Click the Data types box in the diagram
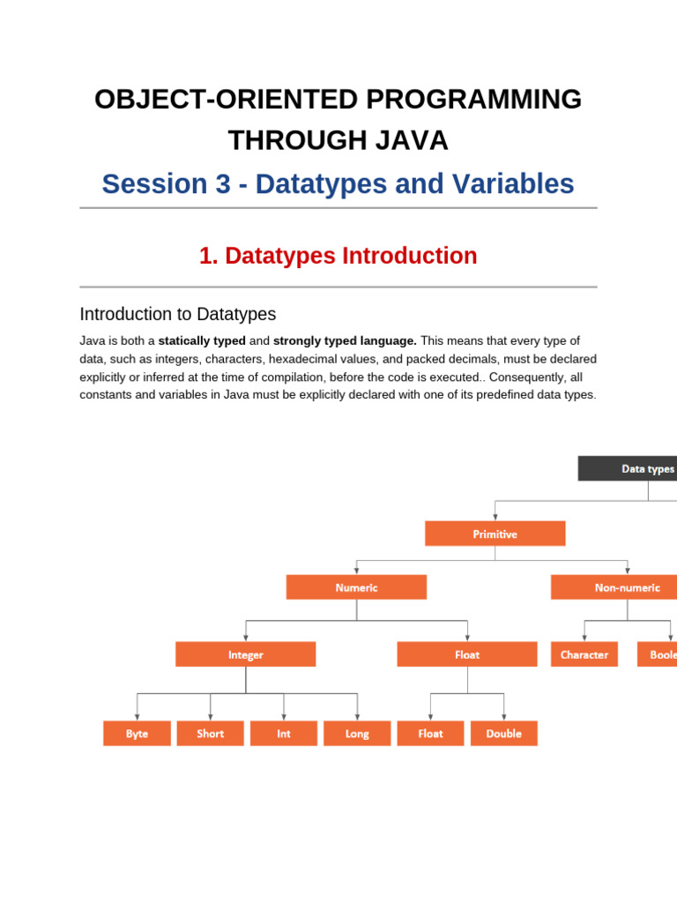(628, 468)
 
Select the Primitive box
(495, 534)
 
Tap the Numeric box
(356, 587)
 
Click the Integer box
(245, 654)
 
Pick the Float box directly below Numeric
(466, 654)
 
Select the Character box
(584, 654)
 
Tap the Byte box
(137, 734)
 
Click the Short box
(210, 734)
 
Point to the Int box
(283, 734)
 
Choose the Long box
(357, 734)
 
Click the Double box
(503, 734)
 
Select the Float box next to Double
(430, 734)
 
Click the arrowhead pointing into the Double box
(503, 718)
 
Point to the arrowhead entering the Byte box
(137, 718)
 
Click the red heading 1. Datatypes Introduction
(338, 256)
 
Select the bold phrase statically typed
(202, 340)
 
